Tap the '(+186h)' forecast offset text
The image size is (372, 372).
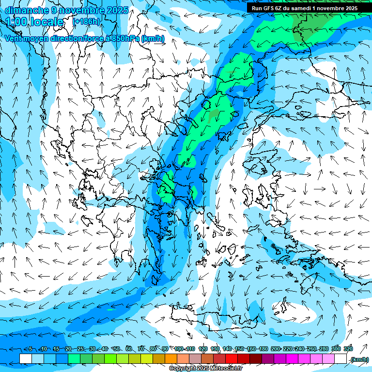(86, 21)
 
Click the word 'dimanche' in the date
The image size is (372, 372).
(24, 10)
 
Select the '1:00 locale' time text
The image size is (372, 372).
(35, 22)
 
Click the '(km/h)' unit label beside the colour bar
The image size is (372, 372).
(359, 359)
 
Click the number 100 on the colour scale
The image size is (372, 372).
(178, 349)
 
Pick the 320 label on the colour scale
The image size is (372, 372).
(348, 349)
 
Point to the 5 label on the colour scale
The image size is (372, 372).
(30, 349)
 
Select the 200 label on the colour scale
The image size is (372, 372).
(275, 349)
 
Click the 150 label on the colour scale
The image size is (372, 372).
(239, 349)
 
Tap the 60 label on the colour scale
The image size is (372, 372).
(129, 349)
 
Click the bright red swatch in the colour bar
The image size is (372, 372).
(232, 359)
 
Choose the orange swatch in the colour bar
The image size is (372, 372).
(171, 359)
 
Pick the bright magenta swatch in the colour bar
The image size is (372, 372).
(292, 359)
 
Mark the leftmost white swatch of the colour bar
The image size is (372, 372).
(26, 359)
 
